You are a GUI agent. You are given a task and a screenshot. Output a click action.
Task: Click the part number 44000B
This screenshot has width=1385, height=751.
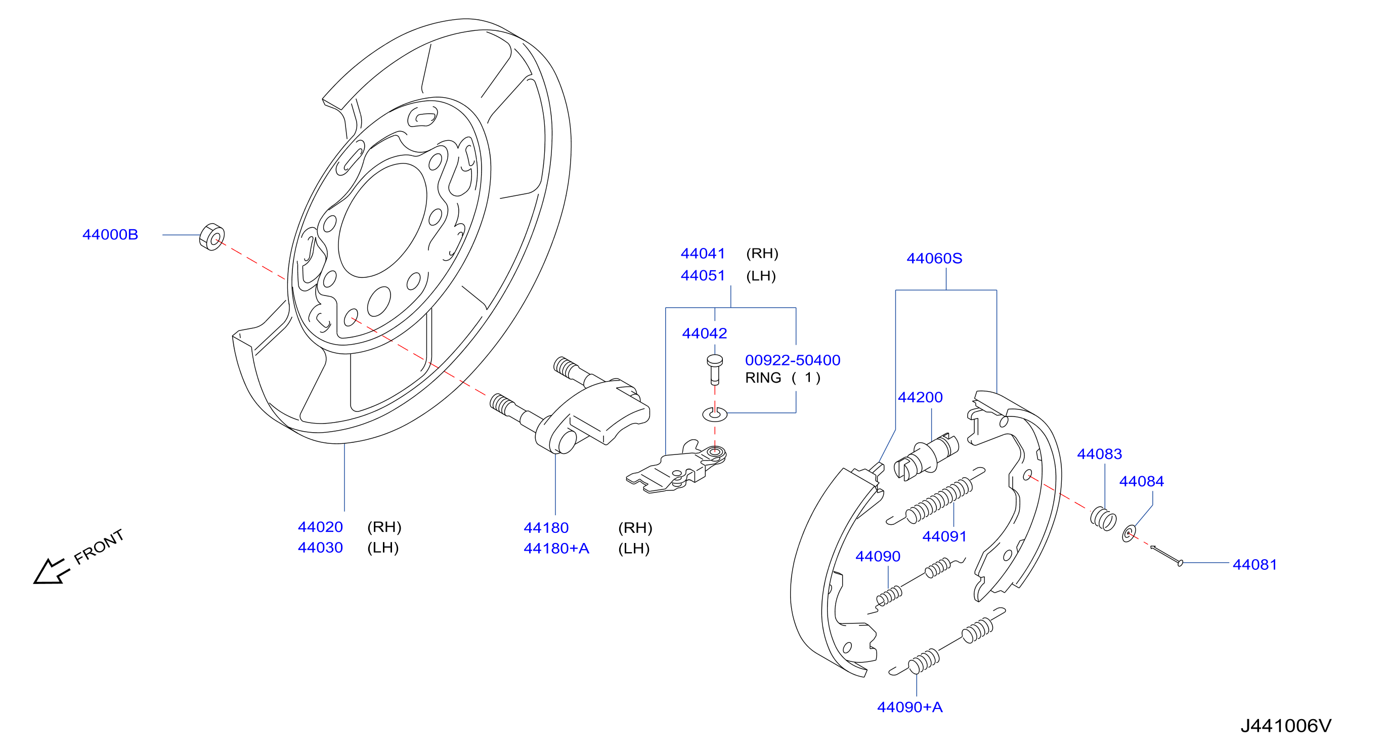tap(110, 234)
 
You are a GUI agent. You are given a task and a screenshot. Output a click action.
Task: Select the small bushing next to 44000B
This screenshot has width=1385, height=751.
tap(212, 237)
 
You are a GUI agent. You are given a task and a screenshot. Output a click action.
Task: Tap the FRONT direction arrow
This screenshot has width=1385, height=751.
tap(51, 571)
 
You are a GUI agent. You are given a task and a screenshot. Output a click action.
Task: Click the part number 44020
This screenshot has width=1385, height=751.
tap(320, 527)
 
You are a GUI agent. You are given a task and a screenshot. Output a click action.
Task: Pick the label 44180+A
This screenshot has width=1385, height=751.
tap(556, 548)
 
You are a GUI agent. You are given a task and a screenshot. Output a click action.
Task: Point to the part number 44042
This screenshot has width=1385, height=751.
tap(704, 333)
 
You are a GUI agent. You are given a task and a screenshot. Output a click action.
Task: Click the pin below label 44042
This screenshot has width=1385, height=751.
tap(715, 369)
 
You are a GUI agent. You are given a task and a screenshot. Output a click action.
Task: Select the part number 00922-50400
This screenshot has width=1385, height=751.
tap(793, 360)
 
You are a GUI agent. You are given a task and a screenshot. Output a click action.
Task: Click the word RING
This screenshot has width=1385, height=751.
tap(763, 378)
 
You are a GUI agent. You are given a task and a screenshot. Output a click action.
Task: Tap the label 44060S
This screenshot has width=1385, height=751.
tap(934, 258)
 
